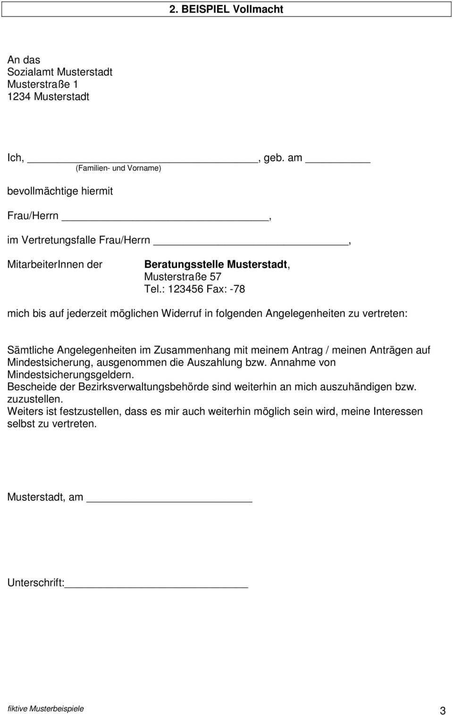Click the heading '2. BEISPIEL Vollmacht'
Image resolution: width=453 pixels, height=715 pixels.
point(226,9)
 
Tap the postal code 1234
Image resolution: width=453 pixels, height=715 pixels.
point(19,96)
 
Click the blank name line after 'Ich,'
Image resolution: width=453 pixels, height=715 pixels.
point(142,160)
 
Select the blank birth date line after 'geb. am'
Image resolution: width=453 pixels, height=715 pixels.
point(338,160)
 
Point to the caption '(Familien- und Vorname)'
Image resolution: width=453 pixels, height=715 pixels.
point(118,168)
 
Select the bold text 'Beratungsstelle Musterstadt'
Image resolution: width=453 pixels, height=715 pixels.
point(216,264)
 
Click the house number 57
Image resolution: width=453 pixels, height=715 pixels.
point(216,277)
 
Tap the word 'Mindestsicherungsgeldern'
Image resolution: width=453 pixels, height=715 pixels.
point(70,375)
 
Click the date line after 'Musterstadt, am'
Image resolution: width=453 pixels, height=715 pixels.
point(170,500)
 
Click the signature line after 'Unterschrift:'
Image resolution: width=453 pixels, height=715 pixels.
point(156,586)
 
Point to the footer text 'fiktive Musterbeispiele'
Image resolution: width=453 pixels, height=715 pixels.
point(46,708)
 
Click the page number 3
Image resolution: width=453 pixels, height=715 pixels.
point(442,710)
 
